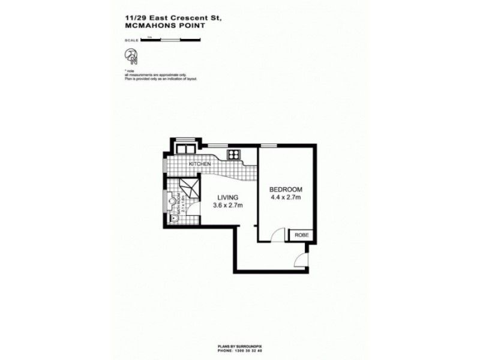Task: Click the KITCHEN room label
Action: tap(199, 164)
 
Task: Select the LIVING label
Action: tap(227, 197)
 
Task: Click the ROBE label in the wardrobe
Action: tap(302, 235)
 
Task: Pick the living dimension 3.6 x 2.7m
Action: tap(227, 205)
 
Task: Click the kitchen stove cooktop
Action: tap(233, 155)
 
